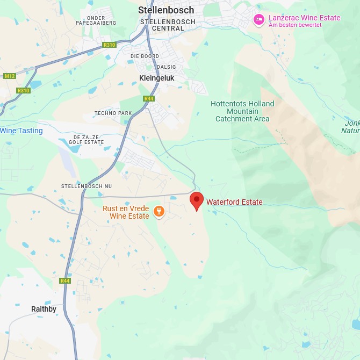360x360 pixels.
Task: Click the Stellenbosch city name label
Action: (165, 10)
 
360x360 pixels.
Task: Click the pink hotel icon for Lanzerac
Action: (259, 20)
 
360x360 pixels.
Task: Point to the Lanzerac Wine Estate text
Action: (304, 18)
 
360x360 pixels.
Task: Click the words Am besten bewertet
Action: (295, 25)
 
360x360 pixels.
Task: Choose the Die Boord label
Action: (144, 56)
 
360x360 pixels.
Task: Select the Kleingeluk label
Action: (156, 78)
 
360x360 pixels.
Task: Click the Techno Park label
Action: (113, 113)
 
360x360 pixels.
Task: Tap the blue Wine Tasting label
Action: (21, 131)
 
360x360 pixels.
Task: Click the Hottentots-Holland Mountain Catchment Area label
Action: (242, 111)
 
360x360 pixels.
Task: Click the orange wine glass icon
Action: (159, 212)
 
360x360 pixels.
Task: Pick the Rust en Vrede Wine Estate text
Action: (126, 212)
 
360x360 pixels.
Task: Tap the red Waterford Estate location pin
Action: (197, 201)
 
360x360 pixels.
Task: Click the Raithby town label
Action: (44, 309)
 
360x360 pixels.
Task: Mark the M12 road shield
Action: (9, 76)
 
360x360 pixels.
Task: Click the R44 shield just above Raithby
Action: (65, 280)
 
